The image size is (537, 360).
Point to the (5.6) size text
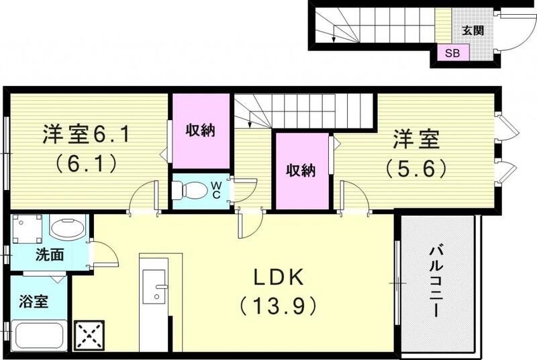[416, 167]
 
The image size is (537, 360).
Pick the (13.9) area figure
[278, 306]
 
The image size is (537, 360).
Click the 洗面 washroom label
[50, 255]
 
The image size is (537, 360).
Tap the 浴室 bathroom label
[32, 302]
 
